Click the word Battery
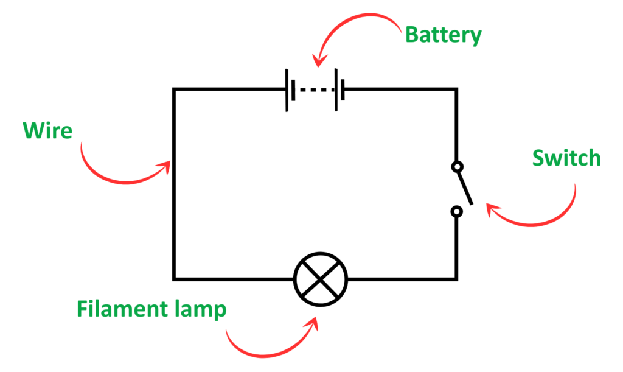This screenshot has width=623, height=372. tap(443, 35)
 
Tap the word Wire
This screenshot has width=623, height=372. tap(47, 131)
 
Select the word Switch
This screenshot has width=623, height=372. tap(566, 158)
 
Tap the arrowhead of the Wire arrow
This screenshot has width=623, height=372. tap(166, 165)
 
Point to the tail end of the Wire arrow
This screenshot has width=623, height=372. tap(82, 143)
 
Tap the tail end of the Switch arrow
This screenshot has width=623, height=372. tap(574, 184)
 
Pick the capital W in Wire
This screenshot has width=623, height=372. tap(31, 131)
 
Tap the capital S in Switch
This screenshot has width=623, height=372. tap(538, 158)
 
